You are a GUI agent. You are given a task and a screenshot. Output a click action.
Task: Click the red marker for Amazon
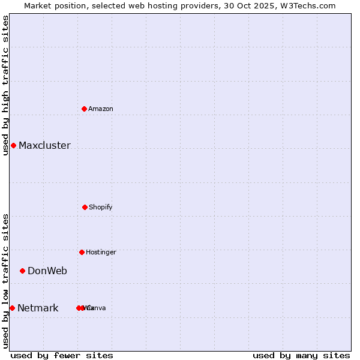85,109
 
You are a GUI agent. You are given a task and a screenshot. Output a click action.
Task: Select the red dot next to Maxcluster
13,145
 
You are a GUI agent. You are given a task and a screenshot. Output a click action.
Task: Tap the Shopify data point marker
85,207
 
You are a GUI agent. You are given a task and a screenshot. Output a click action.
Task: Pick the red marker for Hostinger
82,252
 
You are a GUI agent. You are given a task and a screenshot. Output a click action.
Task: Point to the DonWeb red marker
22,271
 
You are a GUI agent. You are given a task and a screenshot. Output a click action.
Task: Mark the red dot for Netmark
12,308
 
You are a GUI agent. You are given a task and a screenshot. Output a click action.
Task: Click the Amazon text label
101,109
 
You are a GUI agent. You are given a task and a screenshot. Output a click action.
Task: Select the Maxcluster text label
44,145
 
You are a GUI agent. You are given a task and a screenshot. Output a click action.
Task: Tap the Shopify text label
101,207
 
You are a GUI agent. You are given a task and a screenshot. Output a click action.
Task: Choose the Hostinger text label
101,252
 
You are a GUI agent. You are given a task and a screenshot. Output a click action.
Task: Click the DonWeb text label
47,271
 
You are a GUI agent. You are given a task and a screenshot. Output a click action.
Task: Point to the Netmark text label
38,308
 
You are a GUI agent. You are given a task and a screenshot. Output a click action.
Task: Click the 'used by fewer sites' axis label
62,355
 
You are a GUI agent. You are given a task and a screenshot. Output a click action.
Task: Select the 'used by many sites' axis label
301,355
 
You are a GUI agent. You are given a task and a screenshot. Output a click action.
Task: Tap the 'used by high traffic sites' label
5,85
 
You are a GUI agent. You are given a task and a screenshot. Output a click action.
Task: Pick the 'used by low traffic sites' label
5,281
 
